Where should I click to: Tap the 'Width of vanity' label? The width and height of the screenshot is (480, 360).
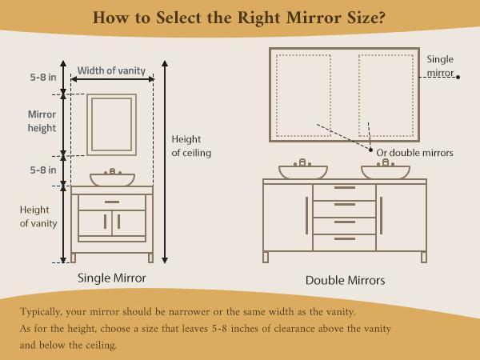111,70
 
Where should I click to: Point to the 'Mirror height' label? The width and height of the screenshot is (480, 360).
42,121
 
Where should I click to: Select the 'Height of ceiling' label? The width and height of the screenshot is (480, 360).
191,146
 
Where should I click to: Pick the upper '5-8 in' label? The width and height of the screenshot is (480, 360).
42,78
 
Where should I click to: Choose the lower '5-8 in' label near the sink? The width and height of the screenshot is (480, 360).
42,170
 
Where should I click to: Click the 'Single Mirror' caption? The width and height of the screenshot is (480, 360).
111,278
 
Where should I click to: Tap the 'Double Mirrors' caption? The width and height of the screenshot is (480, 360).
345,281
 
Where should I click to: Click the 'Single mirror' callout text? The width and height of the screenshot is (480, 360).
440,66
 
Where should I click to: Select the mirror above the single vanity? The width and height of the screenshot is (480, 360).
111,126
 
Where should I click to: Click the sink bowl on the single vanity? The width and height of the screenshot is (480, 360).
112,178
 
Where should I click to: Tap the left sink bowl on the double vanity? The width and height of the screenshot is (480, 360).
302,171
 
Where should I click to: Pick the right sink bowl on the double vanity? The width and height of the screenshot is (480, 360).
385,171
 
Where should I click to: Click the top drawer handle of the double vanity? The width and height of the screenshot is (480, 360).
344,188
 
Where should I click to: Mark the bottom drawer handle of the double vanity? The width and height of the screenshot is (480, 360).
344,238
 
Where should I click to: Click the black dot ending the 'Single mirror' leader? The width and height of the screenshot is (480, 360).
458,77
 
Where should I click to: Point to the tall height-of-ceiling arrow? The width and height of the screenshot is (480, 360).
165,160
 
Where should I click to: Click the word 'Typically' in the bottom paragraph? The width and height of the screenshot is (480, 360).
45,311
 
